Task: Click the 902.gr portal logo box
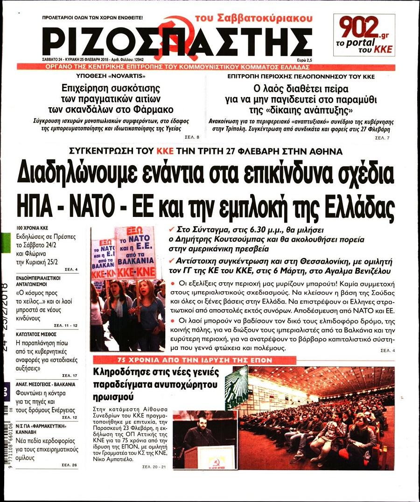[364, 35]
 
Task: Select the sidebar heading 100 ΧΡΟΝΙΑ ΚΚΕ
[32, 228]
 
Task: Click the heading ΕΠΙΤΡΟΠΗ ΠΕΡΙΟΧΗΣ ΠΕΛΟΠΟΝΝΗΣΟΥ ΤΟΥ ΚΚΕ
[301, 76]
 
